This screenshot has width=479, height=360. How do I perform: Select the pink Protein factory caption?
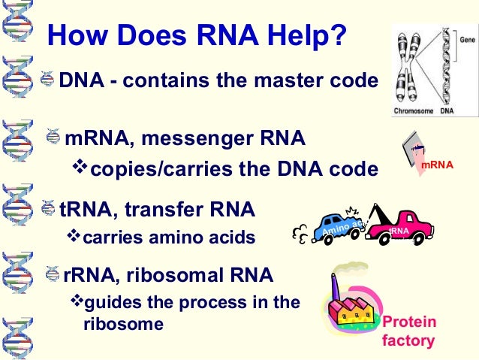409,331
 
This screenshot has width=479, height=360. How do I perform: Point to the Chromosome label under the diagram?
413,111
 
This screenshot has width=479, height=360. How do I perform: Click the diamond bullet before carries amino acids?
73,237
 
